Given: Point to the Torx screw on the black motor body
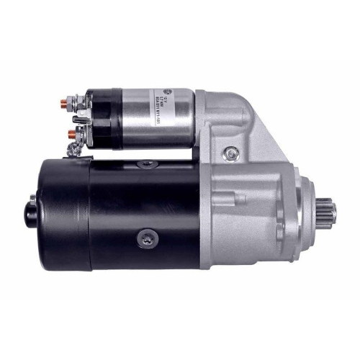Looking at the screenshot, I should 148,237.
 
